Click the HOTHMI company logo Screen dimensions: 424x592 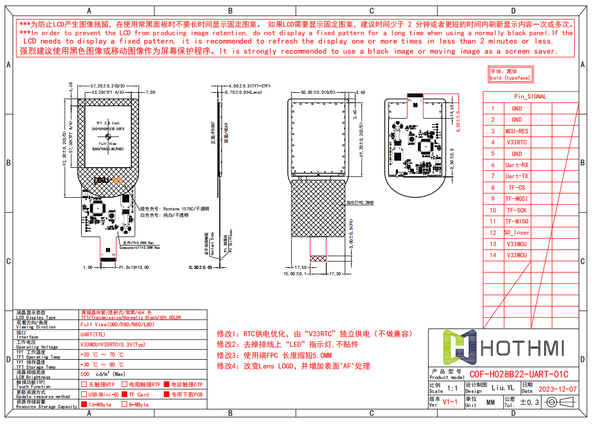503,348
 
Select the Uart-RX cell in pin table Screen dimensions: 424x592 517,165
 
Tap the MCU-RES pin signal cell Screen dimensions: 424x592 517,131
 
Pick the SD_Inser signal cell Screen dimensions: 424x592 517,233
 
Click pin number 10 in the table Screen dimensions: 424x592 493,210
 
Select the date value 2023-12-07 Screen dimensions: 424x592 557,389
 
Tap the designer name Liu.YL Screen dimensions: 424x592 501,388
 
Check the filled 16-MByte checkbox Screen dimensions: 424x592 83,405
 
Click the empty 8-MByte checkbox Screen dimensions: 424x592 124,405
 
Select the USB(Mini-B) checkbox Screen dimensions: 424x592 84,394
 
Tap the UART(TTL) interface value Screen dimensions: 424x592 93,334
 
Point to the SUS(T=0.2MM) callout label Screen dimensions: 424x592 360,203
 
